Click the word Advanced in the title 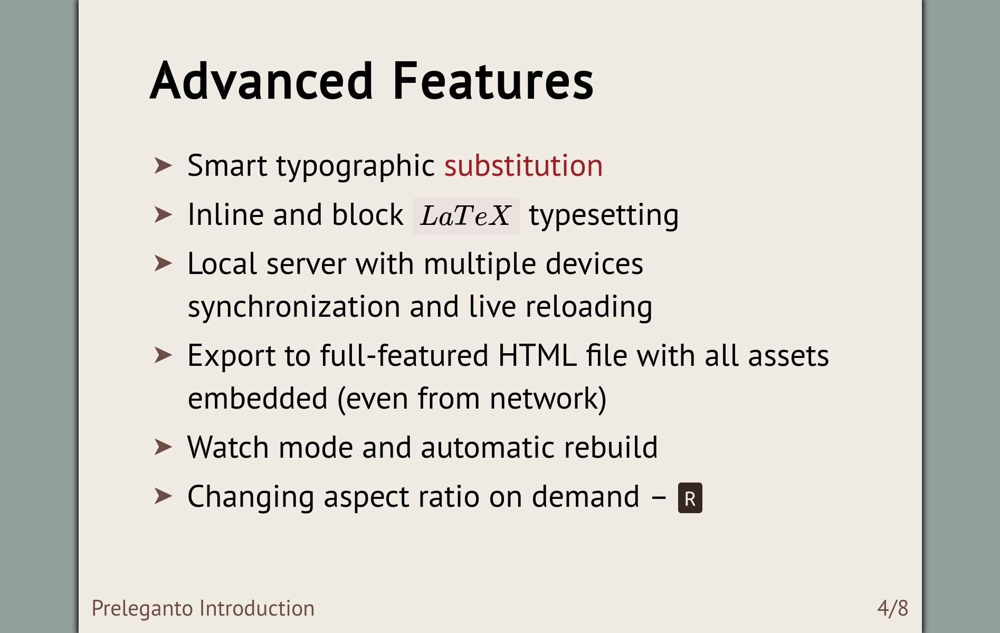tap(262, 80)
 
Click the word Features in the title tap(493, 80)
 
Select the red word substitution tap(523, 166)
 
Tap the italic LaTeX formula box tap(466, 216)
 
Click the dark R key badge tap(690, 498)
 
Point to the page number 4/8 tap(893, 608)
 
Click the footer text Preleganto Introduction tap(203, 609)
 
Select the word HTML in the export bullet tap(537, 355)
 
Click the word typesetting tap(604, 216)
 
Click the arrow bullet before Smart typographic tap(163, 166)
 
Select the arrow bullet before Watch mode tap(163, 447)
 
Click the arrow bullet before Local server tap(163, 263)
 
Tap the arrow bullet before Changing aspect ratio tap(163, 496)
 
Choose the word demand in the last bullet tap(586, 497)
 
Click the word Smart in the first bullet tap(227, 166)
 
